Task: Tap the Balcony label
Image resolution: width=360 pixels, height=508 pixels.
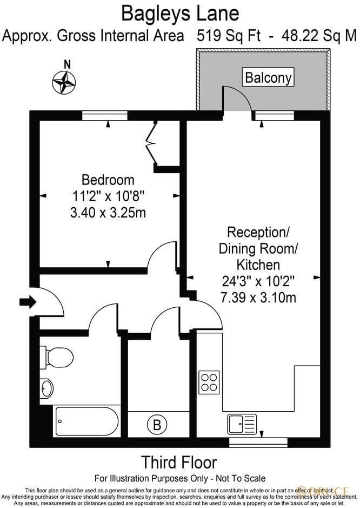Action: [x=268, y=77]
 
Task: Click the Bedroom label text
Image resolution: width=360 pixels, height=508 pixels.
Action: [x=108, y=179]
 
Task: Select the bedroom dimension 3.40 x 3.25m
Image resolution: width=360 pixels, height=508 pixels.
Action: [x=108, y=213]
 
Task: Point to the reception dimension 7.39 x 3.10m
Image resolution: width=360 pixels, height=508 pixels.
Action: [x=258, y=297]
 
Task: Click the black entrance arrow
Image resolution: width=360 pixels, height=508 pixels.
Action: [x=28, y=301]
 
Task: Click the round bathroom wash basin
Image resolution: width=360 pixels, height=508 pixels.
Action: [x=47, y=388]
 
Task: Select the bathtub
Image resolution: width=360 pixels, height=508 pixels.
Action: [x=86, y=421]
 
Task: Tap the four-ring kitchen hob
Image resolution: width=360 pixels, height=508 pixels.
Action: [x=209, y=381]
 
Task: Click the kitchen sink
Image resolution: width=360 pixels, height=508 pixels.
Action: [x=242, y=424]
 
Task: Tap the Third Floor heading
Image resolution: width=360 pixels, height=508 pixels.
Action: [x=179, y=463]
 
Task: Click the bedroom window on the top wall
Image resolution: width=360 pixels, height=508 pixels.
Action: [x=105, y=115]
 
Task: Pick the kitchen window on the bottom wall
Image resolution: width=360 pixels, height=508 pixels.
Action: [x=258, y=442]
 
